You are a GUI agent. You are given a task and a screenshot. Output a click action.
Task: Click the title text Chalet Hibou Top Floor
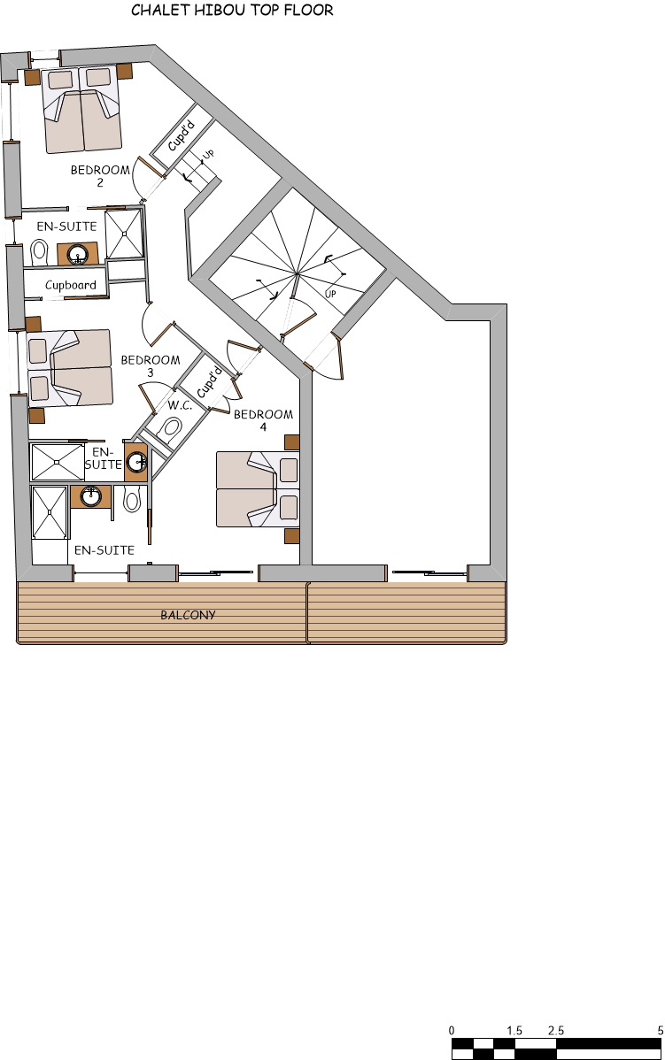click(x=232, y=11)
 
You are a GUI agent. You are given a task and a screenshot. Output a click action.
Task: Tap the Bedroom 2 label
click(x=100, y=176)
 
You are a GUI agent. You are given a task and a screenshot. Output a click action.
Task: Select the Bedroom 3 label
click(x=150, y=366)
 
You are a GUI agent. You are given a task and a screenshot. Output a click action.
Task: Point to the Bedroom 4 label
click(x=263, y=420)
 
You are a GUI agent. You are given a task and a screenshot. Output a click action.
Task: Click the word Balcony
click(x=188, y=615)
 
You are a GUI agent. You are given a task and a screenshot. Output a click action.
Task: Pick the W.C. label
click(x=180, y=406)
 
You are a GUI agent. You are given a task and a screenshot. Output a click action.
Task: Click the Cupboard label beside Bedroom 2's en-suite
click(x=71, y=286)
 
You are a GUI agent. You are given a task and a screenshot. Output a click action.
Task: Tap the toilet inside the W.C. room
click(x=172, y=430)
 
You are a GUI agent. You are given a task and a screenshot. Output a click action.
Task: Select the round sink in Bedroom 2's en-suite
click(x=78, y=255)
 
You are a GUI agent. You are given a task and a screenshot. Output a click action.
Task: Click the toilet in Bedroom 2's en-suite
click(x=38, y=253)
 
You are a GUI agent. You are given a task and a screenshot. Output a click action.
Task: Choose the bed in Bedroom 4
click(x=257, y=489)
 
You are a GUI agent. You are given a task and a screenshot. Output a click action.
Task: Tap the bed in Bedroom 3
click(x=70, y=369)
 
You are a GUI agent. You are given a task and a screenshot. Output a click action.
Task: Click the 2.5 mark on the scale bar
click(x=556, y=1031)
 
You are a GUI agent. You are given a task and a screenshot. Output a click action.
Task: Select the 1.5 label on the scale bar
click(x=514, y=1031)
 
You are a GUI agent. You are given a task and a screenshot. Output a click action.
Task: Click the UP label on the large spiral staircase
click(x=330, y=294)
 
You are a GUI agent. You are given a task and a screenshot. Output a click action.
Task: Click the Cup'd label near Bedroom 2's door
click(x=181, y=140)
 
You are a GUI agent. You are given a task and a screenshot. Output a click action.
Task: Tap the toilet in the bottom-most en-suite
click(x=132, y=500)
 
